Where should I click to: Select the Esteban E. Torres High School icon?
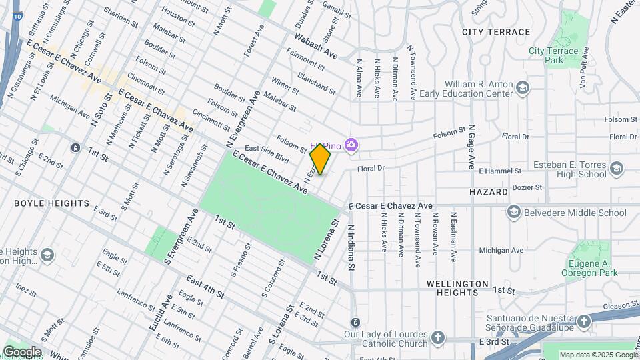[x=617, y=167]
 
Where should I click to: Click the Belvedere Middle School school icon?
[x=513, y=213]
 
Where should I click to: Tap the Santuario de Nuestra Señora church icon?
[x=584, y=323]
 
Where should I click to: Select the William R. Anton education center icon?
[x=523, y=87]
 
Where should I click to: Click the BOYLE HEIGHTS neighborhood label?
[x=51, y=203]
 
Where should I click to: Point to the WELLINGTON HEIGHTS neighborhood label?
[x=457, y=284]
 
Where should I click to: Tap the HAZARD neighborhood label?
[x=488, y=191]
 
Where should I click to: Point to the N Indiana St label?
[x=351, y=247]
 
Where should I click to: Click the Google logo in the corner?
[x=22, y=352]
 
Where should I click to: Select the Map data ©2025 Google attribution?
[x=597, y=355]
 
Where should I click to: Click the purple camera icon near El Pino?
[x=351, y=145]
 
